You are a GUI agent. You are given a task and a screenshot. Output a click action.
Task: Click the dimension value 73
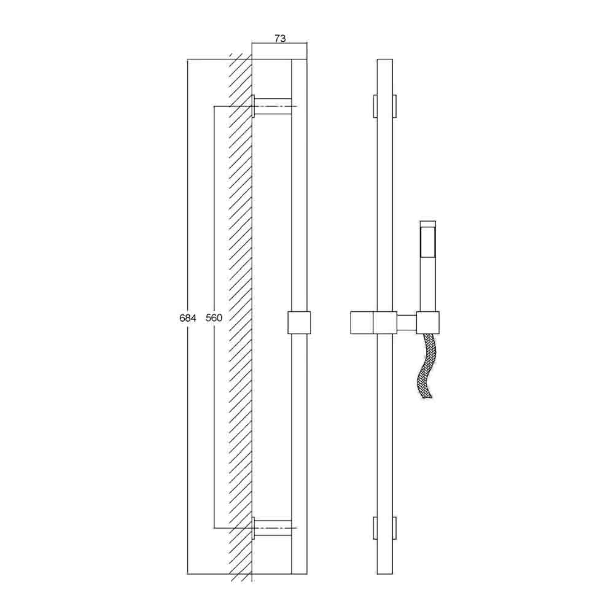pyautogui.click(x=279, y=38)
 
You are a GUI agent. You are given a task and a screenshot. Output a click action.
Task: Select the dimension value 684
pyautogui.click(x=188, y=318)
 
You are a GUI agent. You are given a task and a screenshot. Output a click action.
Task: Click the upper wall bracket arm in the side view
pyautogui.click(x=273, y=106)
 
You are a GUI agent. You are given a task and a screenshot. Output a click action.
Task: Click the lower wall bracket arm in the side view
pyautogui.click(x=273, y=527)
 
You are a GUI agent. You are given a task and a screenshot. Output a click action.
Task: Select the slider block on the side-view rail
pyautogui.click(x=298, y=323)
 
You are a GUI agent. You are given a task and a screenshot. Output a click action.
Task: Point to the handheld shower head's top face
pyautogui.click(x=428, y=223)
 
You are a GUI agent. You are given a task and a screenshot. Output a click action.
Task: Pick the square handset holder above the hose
pyautogui.click(x=428, y=323)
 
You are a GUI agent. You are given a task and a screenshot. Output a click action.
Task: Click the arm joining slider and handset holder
pyautogui.click(x=405, y=323)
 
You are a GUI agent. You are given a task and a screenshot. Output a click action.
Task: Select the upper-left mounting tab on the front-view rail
pyautogui.click(x=375, y=106)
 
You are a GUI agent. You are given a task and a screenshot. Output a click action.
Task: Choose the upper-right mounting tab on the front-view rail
pyautogui.click(x=394, y=106)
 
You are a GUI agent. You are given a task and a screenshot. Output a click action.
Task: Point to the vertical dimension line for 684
pyautogui.click(x=188, y=184)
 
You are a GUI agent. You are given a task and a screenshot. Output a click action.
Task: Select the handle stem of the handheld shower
pyautogui.click(x=428, y=282)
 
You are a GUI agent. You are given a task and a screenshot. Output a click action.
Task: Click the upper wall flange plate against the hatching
pyautogui.click(x=254, y=106)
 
